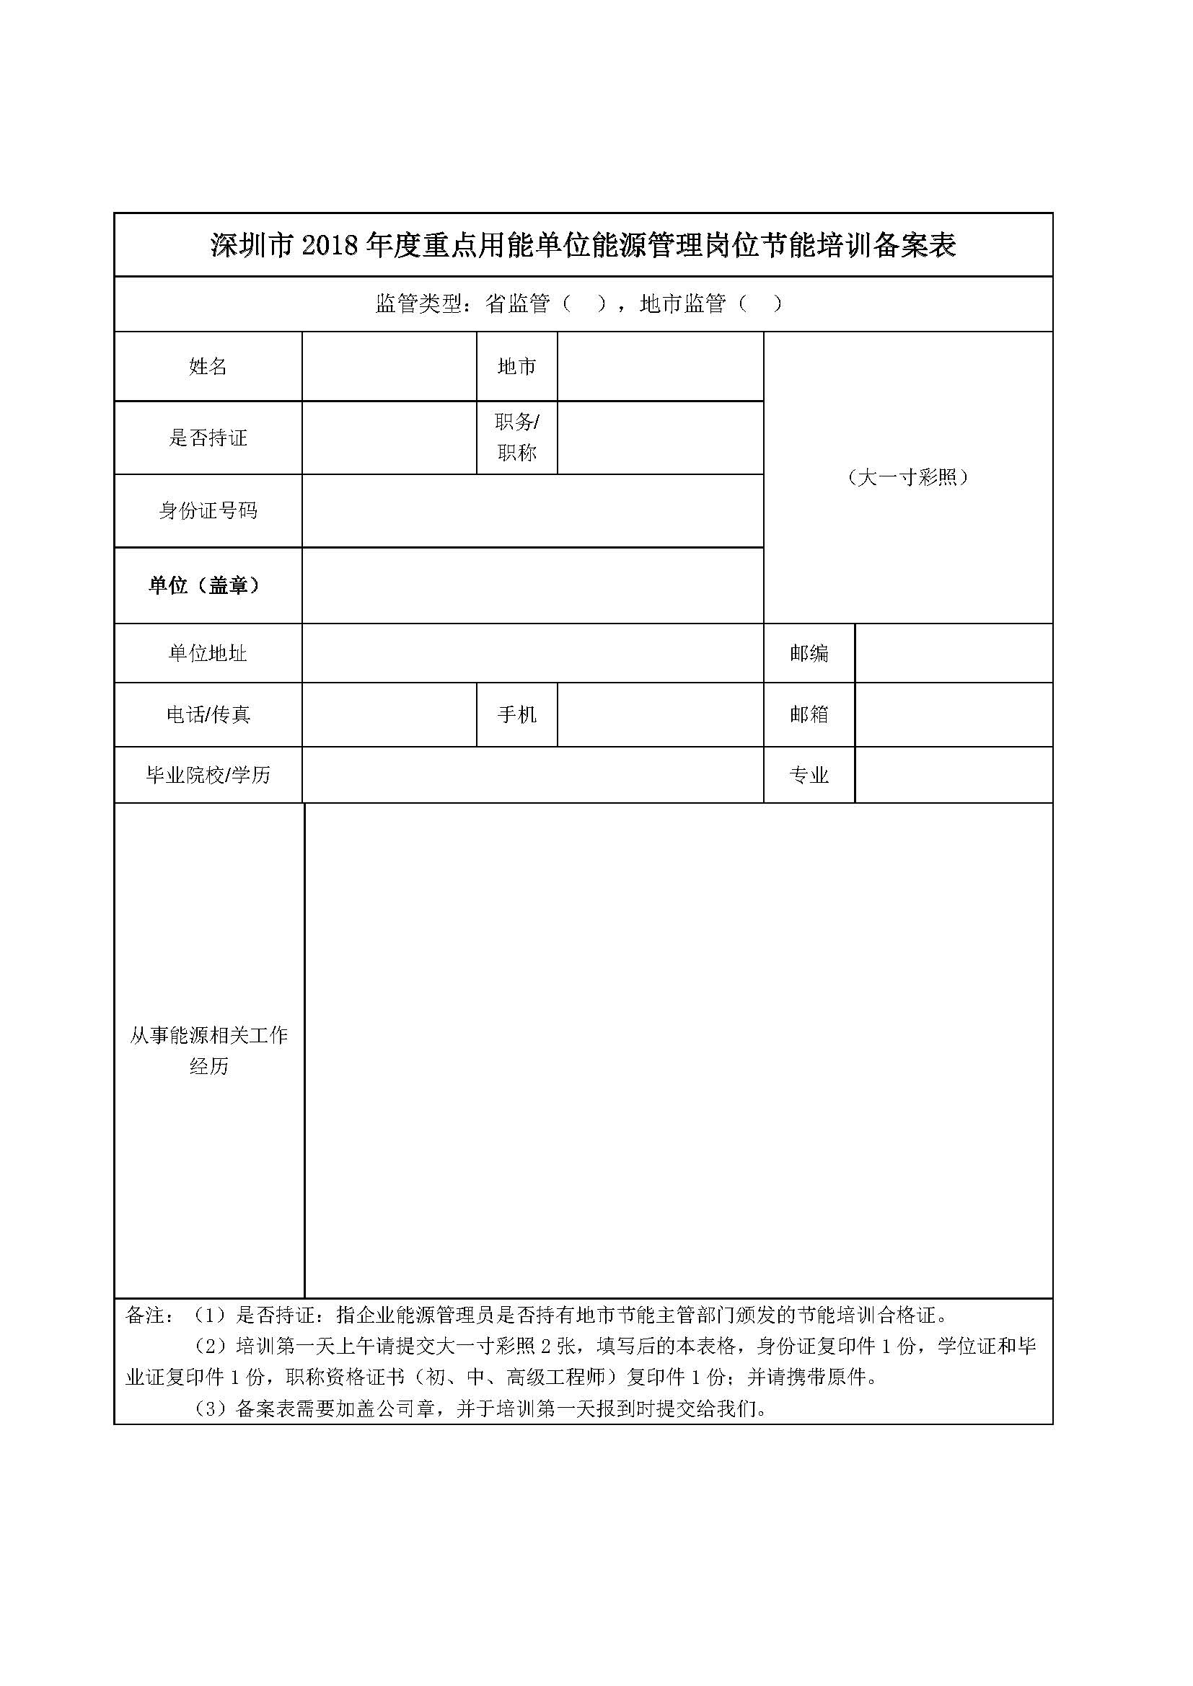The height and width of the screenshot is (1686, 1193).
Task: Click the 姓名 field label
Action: click(208, 366)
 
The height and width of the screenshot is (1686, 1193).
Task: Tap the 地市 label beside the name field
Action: click(516, 366)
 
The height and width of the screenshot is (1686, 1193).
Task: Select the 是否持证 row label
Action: click(208, 438)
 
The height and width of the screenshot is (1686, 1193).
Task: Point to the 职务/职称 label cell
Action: click(516, 437)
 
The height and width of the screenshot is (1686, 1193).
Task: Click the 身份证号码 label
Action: click(208, 510)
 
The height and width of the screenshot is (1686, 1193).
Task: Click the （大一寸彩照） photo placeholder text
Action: click(908, 477)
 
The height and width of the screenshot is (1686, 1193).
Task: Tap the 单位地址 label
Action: click(208, 653)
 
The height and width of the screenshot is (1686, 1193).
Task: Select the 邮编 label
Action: click(809, 653)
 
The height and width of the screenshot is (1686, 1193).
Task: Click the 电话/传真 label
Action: click(208, 714)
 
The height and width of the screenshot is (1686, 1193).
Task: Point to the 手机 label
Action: click(516, 714)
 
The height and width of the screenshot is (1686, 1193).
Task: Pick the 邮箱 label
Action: click(809, 714)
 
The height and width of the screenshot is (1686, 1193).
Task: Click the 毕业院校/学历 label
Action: click(208, 775)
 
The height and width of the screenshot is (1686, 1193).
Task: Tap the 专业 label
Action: click(809, 775)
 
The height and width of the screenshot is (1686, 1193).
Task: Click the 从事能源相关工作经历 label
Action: click(208, 1051)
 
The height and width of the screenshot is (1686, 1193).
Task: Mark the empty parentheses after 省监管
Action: click(584, 303)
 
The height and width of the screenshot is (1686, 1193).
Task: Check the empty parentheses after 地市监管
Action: click(759, 303)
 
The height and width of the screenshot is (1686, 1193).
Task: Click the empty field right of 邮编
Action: click(954, 653)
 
